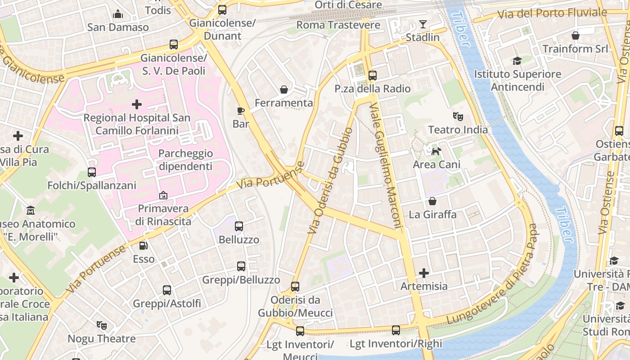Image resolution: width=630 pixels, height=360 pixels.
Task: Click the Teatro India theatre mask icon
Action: [x=458, y=117]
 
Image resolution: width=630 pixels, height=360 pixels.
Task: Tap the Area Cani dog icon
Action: [x=436, y=151]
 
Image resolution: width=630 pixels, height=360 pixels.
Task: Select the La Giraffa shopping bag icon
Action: [x=432, y=201]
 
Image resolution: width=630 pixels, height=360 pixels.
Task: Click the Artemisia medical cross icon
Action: [x=424, y=273]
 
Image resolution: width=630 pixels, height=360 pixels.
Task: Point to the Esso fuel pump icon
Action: [x=144, y=246]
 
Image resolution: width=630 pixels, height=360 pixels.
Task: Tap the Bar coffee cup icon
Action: [x=241, y=110]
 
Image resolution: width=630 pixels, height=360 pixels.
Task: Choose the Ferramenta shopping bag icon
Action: [x=284, y=90]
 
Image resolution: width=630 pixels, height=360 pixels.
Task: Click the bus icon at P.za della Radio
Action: [x=373, y=76]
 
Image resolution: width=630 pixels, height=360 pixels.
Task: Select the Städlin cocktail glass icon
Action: [x=423, y=24]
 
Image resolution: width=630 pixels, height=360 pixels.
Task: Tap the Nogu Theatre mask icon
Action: [x=102, y=325]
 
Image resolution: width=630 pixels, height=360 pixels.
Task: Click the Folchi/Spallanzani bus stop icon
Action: [x=92, y=172]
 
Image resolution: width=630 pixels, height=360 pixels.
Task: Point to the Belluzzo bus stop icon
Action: [x=239, y=226]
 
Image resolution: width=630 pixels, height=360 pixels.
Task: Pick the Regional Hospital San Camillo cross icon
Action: [x=137, y=104]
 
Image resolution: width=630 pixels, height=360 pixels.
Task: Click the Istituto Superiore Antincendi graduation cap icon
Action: [x=517, y=61]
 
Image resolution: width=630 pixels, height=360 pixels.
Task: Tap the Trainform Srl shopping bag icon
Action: [x=575, y=36]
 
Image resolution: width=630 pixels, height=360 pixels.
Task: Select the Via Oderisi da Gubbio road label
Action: [x=330, y=180]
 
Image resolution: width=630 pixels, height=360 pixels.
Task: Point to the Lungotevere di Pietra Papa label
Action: [x=493, y=274]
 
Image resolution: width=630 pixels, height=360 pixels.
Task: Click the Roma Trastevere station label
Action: [x=338, y=25]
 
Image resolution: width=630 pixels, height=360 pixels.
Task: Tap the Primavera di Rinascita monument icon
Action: [x=163, y=195]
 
